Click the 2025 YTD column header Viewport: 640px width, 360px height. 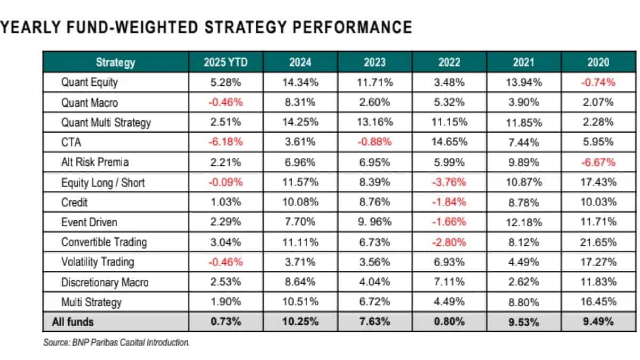tap(226, 62)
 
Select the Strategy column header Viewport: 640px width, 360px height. tap(115, 62)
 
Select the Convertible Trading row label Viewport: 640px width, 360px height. tap(103, 242)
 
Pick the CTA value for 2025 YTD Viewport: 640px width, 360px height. tap(226, 142)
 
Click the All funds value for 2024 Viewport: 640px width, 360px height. tap(300, 322)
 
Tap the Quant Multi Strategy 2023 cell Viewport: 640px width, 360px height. tap(374, 122)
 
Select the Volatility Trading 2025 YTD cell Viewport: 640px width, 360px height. tap(226, 262)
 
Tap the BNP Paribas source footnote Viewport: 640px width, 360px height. tap(116, 342)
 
